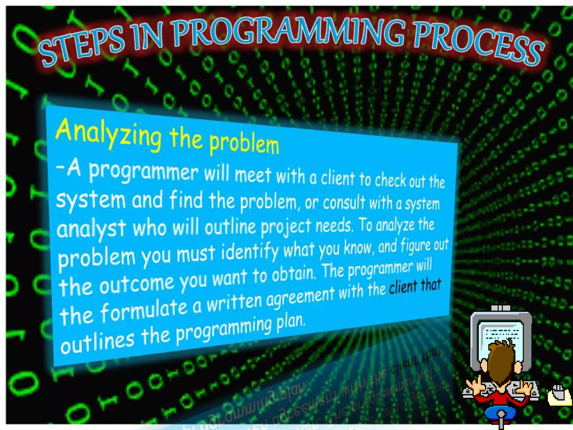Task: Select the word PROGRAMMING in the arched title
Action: [x=288, y=32]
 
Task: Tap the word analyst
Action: [x=91, y=228]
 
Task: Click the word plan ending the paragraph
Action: [x=291, y=322]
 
